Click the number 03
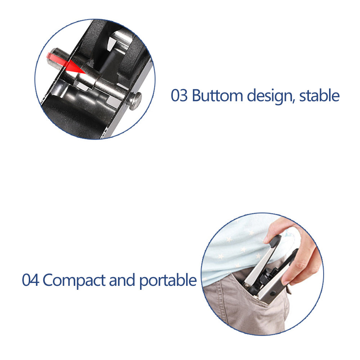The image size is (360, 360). click(x=179, y=96)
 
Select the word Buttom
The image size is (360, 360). click(x=217, y=96)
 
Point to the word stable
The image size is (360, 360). click(x=320, y=96)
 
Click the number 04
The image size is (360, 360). click(x=30, y=280)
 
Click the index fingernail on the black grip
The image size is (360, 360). click(x=269, y=239)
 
